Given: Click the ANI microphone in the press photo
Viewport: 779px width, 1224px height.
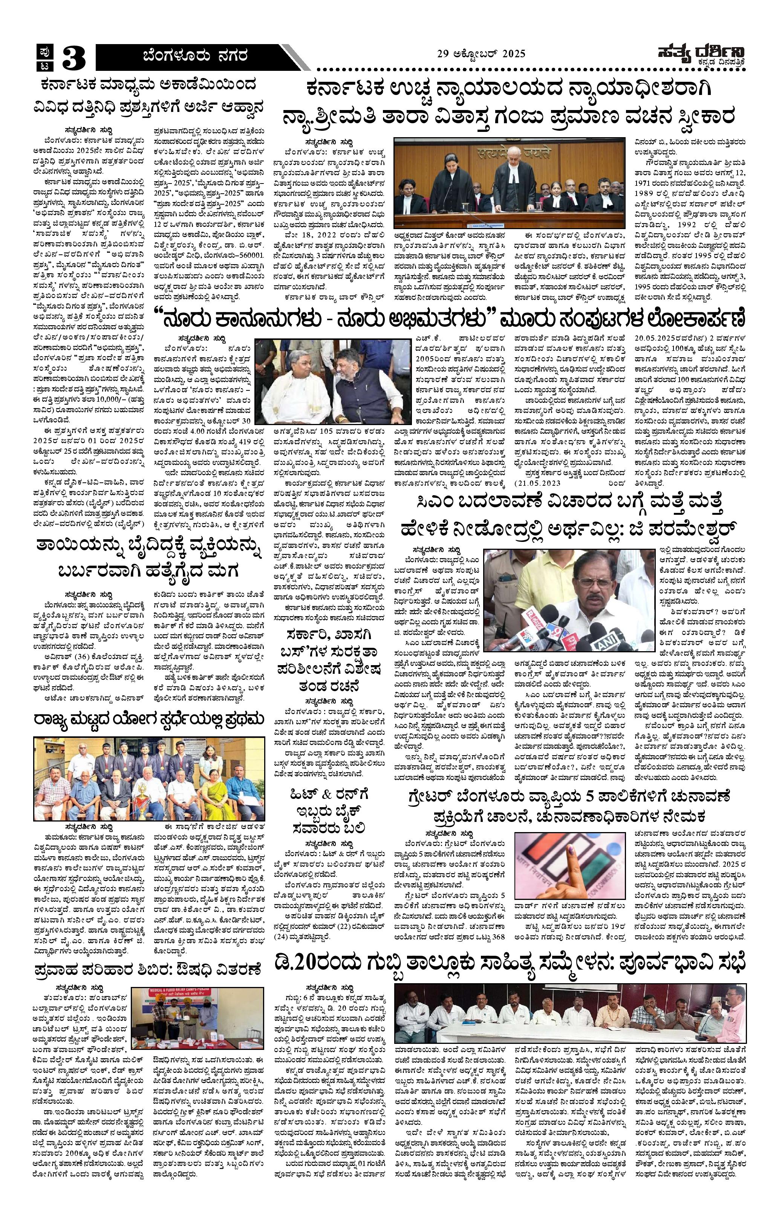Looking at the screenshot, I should [603, 641].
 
